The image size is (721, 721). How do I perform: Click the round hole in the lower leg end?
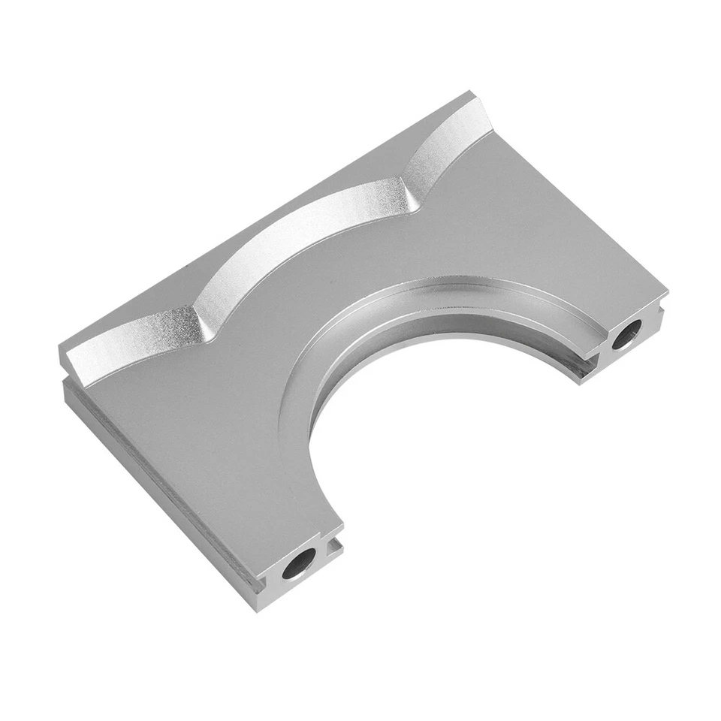coord(299,563)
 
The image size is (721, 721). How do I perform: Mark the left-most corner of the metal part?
coord(60,353)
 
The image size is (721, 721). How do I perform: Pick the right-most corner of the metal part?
coord(667,289)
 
